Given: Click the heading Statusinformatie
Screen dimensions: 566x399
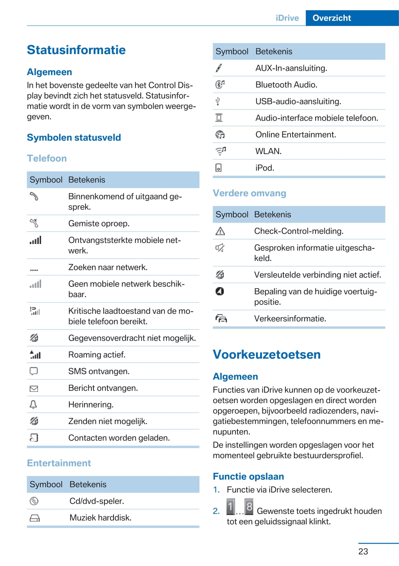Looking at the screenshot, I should point(76,50).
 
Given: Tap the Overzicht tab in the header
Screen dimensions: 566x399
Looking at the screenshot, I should point(332,18).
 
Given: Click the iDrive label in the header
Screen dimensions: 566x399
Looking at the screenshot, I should point(287,18).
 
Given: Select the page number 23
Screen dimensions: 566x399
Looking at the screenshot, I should point(363,551).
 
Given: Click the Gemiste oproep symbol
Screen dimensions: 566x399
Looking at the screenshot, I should point(34,223).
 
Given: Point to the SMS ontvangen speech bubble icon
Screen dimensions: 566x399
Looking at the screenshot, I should point(34,371).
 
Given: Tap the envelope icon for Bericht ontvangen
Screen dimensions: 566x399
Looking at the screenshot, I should point(34,388).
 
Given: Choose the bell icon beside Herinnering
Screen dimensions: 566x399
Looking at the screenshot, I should point(33,404).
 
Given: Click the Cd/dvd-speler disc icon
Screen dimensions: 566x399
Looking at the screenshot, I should point(34,501).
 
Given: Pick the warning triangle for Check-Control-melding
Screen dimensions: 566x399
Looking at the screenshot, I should point(220,231).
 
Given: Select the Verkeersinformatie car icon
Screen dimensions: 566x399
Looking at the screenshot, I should point(221,319).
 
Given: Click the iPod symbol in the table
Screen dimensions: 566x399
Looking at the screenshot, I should point(218,168).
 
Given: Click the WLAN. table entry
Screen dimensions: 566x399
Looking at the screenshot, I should point(268,151).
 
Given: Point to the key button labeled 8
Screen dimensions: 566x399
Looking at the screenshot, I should point(249,507).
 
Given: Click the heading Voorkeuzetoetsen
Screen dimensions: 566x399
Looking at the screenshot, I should point(267,355).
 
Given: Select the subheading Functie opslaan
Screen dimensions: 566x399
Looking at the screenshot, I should point(248,476).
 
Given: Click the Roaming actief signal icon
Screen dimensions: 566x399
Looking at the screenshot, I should point(35,355).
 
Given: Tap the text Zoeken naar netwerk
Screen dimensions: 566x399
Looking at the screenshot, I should point(108,267).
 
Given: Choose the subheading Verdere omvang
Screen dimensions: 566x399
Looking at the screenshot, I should point(249,193).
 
